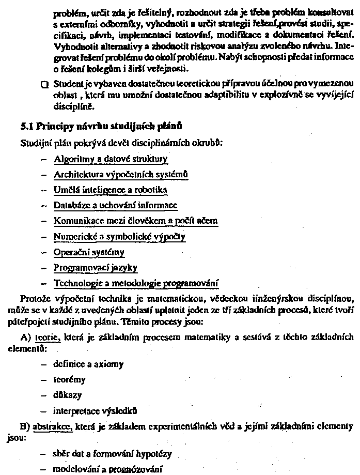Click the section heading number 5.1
(x=26, y=126)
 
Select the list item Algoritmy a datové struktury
(x=111, y=159)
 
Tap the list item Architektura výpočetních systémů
(x=121, y=175)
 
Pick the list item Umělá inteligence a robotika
(x=111, y=190)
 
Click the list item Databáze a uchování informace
(x=116, y=206)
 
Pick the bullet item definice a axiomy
(x=88, y=364)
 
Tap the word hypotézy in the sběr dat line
(x=154, y=455)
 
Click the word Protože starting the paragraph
(x=34, y=299)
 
